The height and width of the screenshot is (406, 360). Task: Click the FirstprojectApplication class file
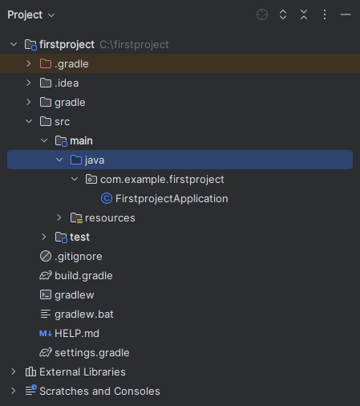click(x=172, y=199)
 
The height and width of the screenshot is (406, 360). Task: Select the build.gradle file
click(x=83, y=276)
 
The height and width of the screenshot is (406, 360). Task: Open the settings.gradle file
click(x=92, y=353)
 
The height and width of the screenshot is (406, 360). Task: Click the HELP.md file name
click(x=77, y=334)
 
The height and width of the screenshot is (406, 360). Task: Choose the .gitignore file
click(x=79, y=257)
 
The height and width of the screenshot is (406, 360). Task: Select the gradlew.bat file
click(x=84, y=315)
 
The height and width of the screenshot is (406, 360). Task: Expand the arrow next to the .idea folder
click(x=29, y=83)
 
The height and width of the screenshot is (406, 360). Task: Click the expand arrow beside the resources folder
click(x=59, y=217)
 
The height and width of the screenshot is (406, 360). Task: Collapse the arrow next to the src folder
click(x=29, y=121)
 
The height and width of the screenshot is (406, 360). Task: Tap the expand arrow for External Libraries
click(x=14, y=371)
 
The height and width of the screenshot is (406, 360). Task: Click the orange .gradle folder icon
click(x=46, y=63)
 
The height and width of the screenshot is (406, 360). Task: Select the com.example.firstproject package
click(x=162, y=180)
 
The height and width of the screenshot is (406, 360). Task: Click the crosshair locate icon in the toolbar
click(x=262, y=14)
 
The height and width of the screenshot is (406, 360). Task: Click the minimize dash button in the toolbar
click(x=346, y=14)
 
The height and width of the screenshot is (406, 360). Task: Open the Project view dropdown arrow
click(x=51, y=15)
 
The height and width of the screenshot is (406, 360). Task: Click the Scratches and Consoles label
click(x=99, y=392)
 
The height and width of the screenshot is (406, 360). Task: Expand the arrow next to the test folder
click(x=44, y=237)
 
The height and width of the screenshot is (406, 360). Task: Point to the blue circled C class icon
click(x=107, y=199)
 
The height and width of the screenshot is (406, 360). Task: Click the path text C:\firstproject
click(x=134, y=45)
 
